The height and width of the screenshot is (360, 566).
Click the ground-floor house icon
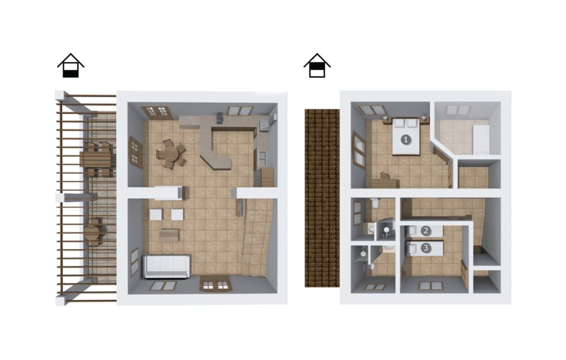pyautogui.click(x=71, y=65)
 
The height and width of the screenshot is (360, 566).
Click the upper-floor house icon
pyautogui.click(x=317, y=65)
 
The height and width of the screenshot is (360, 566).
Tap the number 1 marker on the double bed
pyautogui.click(x=406, y=139)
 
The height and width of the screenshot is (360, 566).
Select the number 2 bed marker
pyautogui.click(x=426, y=231)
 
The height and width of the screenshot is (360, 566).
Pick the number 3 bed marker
pyautogui.click(x=426, y=248)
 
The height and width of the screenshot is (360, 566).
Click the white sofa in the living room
pyautogui.click(x=167, y=266)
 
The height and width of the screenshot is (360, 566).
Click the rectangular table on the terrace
pyautogui.click(x=96, y=159)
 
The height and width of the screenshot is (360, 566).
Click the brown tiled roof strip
pyautogui.click(x=322, y=198)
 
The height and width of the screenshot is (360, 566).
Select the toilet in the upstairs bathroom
pyautogui.click(x=375, y=203)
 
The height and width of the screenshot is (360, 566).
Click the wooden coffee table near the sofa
pyautogui.click(x=170, y=235)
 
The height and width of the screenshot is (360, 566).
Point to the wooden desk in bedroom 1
pyautogui.click(x=385, y=182)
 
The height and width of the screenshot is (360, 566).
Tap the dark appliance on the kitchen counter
pyautogui.click(x=220, y=118)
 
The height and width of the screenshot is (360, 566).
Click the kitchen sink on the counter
pyautogui.click(x=262, y=157)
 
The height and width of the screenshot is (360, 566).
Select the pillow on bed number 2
pyautogui.click(x=410, y=231)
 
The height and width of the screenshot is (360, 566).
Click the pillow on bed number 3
pyautogui.click(x=410, y=248)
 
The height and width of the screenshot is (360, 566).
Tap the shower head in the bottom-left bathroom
pyautogui.click(x=363, y=254)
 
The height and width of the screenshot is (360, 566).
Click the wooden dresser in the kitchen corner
pyautogui.click(x=268, y=177)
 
